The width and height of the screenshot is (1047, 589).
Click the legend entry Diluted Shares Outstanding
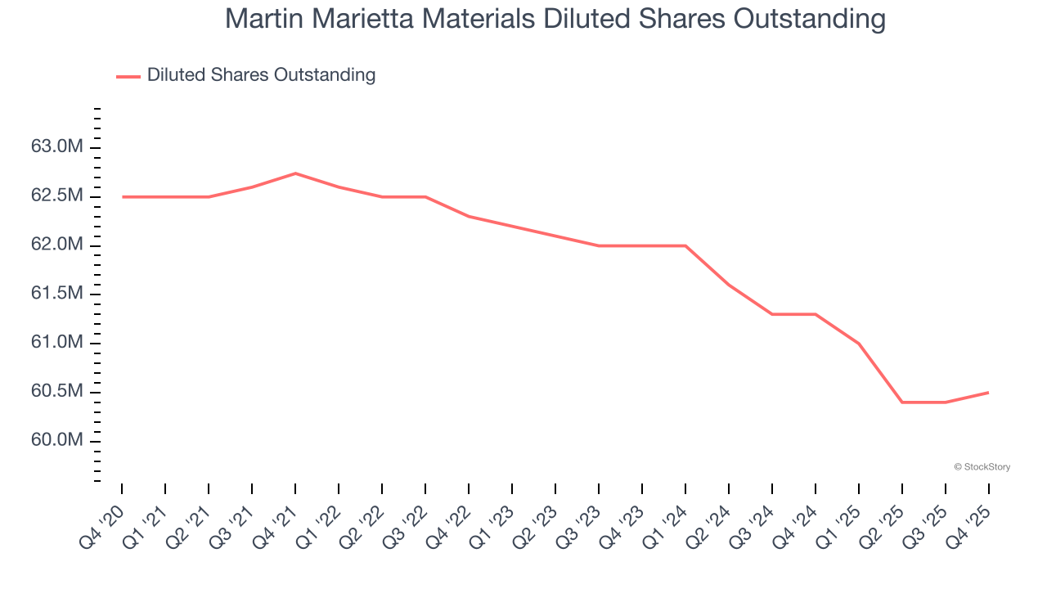click(x=261, y=75)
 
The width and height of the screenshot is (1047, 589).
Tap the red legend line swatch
click(x=128, y=76)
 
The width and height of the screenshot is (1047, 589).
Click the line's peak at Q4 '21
click(x=295, y=173)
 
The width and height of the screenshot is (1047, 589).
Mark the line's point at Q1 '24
click(x=685, y=245)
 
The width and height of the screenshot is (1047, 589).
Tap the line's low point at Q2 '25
click(x=902, y=402)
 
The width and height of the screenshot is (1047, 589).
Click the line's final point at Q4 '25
click(x=988, y=393)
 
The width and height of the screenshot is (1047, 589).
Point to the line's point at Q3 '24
click(x=772, y=314)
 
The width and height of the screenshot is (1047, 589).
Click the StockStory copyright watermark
click(x=982, y=467)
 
